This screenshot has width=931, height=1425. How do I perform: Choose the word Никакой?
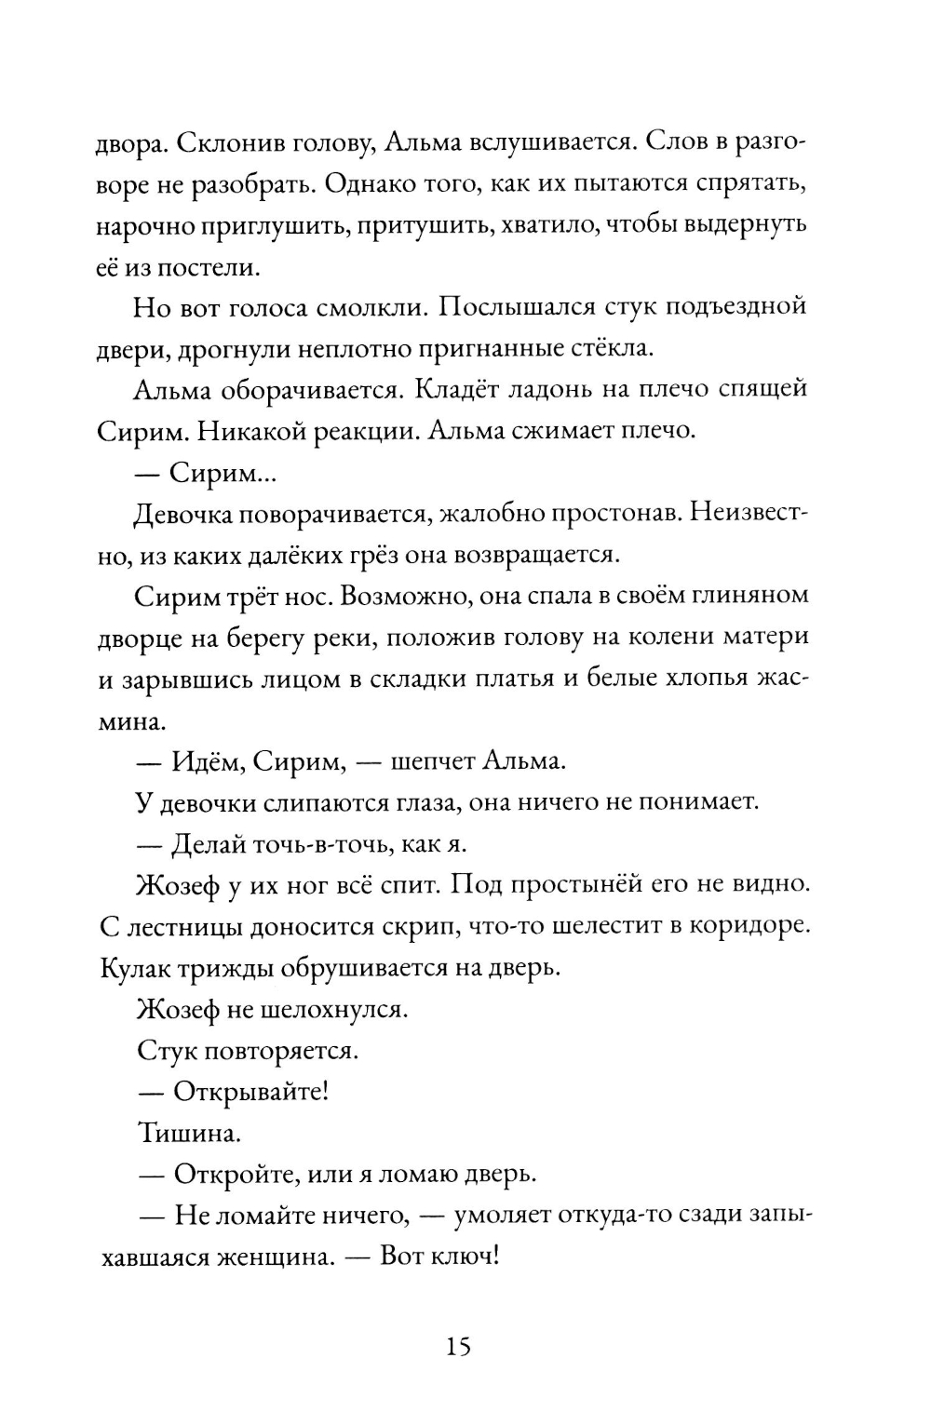(x=236, y=431)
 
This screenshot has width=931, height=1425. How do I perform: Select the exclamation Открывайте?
(x=250, y=1091)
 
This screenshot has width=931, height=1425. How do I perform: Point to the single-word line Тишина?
(x=182, y=1132)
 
